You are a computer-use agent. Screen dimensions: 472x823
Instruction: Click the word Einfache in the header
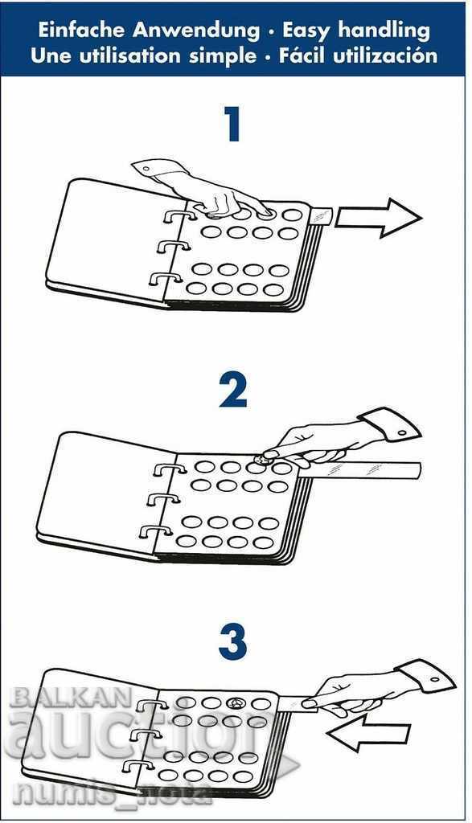80,31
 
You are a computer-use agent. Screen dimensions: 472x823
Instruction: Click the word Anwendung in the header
196,31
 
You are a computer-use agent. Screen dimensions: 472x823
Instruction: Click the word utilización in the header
385,55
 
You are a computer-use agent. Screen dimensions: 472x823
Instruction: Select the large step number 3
232,643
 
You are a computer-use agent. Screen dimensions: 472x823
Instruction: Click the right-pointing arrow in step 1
378,217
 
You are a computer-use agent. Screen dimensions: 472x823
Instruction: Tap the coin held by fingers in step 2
261,460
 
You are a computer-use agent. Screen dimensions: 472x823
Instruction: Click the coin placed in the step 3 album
234,702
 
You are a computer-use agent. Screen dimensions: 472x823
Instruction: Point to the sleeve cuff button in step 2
403,432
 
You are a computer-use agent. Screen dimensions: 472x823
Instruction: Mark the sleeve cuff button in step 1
146,168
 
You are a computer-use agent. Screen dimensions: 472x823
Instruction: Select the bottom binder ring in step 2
155,532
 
